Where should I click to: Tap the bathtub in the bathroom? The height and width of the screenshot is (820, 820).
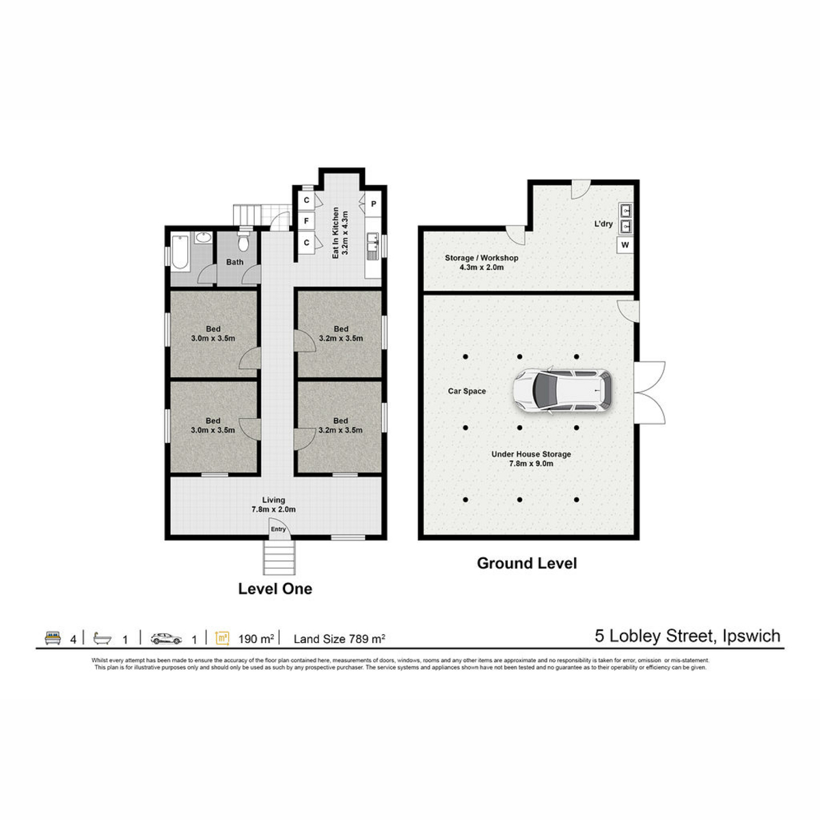180,252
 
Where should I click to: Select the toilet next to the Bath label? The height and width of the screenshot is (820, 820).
243,241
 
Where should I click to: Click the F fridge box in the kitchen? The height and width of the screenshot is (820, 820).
306,221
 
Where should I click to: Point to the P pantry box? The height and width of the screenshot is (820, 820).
373,204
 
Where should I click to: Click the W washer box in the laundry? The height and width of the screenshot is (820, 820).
625,245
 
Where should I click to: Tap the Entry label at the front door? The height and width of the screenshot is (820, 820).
278,529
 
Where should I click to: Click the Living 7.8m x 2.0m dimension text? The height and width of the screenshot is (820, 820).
273,509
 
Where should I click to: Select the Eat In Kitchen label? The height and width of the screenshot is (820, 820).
336,233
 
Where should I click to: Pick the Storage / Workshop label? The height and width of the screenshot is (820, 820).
481,258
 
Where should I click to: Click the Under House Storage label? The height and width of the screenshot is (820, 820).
531,454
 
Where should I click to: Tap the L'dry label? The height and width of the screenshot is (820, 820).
603,223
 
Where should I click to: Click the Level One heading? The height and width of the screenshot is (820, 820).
275,588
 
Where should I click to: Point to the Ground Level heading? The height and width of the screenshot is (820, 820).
527,563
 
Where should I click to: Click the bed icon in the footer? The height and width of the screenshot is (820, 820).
53,638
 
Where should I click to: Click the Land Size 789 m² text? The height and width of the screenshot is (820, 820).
339,639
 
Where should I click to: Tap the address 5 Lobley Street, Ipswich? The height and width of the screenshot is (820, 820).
687,635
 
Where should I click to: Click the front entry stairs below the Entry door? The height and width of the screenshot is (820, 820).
279,557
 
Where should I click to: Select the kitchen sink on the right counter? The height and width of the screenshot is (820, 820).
373,246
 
